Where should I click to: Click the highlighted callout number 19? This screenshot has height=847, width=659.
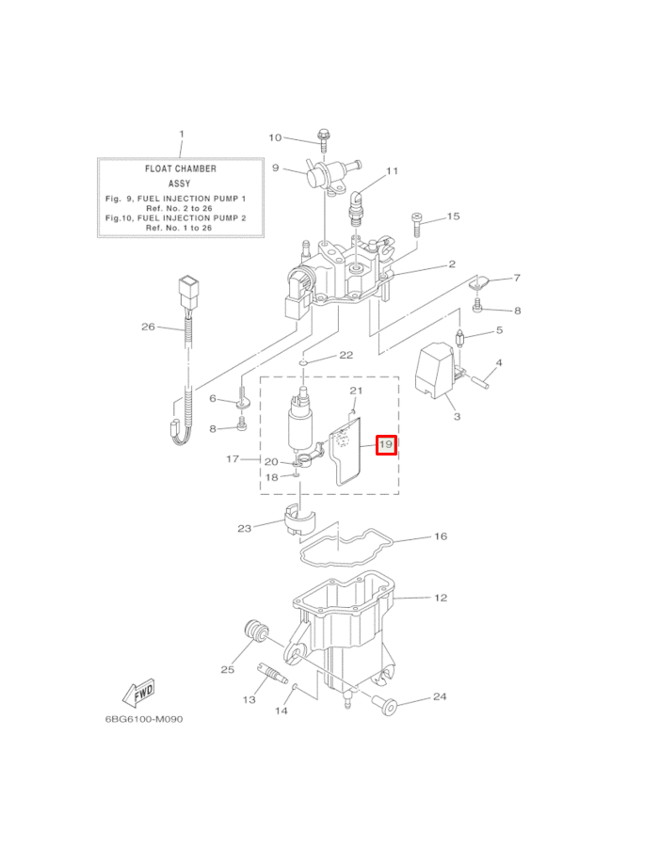tap(387, 444)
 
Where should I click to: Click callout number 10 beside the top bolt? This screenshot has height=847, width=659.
tap(275, 138)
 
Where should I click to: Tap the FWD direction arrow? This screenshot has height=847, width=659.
tap(138, 693)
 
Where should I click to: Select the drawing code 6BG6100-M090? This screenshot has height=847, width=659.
tap(144, 720)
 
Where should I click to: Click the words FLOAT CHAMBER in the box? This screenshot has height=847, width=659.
tap(180, 168)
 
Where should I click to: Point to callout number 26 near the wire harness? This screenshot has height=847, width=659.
tap(148, 328)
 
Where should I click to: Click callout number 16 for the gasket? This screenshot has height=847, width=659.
tap(440, 536)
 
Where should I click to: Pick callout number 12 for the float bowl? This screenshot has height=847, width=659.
tap(440, 598)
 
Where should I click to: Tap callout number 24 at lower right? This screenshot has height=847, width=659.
tap(440, 697)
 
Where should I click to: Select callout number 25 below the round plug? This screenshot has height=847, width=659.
tap(227, 670)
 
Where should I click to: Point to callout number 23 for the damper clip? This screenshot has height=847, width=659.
tap(245, 528)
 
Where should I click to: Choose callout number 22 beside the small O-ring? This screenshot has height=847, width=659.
tap(346, 356)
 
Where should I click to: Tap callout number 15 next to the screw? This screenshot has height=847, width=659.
tap(453, 216)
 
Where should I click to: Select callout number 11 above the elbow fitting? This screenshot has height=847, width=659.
tap(393, 171)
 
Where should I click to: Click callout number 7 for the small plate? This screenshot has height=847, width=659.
tap(516, 279)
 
